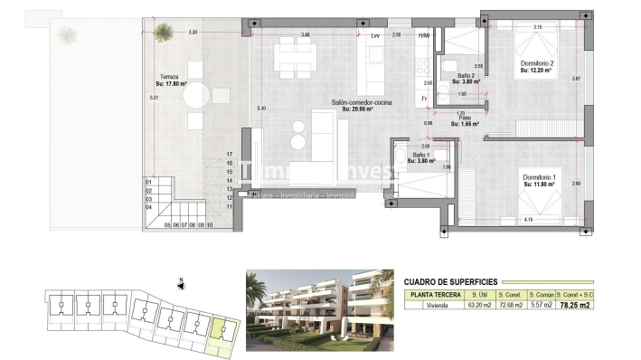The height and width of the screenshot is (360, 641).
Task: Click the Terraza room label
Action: [169, 77]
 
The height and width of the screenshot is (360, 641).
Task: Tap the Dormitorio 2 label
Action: [536, 63]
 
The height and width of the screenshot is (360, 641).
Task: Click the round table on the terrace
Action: [196, 93]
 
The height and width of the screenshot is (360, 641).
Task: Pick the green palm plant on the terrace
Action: [163, 33]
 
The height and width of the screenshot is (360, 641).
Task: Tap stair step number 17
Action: [231, 155]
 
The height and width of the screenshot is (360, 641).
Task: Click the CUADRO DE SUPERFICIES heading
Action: [449, 281]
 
